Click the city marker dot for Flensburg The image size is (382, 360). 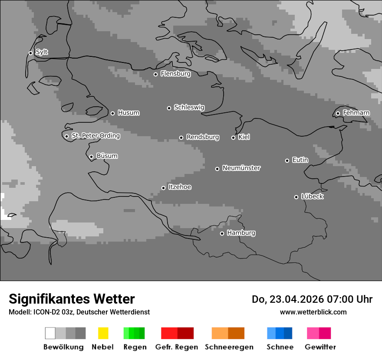(x=155, y=74)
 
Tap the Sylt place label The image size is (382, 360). (x=42, y=52)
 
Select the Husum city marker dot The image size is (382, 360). (x=112, y=113)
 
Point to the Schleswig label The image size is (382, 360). (x=189, y=108)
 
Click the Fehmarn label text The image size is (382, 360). (x=356, y=113)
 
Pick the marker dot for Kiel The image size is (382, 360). (x=233, y=137)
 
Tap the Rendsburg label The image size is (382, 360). (x=202, y=137)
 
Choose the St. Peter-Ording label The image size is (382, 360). (x=95, y=136)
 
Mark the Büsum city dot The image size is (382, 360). (x=91, y=157)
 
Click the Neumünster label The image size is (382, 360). (x=241, y=168)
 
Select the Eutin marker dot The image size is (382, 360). (x=287, y=160)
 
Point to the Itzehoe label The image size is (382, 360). (x=179, y=187)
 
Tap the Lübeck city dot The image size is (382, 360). (x=296, y=197)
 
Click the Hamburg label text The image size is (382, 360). (x=241, y=233)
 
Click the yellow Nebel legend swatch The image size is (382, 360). (x=103, y=333)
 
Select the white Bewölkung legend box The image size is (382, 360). (x=50, y=333)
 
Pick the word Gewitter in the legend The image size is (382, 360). (x=320, y=347)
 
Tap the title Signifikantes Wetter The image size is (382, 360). (x=72, y=299)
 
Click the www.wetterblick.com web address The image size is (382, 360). (x=313, y=312)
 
